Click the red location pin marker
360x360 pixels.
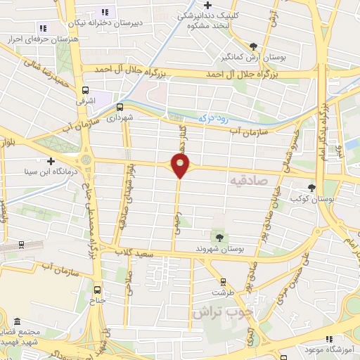[181, 166]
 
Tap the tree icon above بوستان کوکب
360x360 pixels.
[311, 187]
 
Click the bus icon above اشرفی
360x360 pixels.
[86, 90]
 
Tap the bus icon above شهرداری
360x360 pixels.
[120, 108]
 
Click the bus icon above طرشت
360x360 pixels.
[224, 281]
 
